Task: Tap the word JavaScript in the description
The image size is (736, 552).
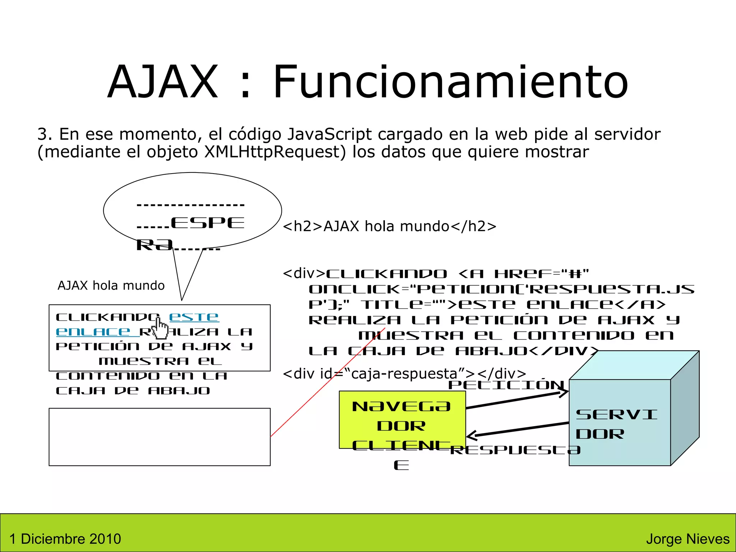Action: point(329,134)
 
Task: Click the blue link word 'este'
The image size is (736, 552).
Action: point(194,317)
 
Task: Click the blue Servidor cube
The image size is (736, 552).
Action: point(620,422)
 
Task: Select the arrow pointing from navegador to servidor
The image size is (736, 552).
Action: point(517,400)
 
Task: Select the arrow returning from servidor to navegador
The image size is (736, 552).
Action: point(517,429)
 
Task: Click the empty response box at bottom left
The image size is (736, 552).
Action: point(160,437)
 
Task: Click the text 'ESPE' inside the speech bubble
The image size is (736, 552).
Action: point(208,223)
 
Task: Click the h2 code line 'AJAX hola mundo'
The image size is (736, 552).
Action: point(390,226)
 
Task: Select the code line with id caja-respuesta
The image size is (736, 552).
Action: point(404,374)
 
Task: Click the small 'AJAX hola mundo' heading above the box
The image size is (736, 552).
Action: point(111,285)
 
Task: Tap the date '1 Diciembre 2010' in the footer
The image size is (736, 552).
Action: point(65,539)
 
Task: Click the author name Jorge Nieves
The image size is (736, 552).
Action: point(687,539)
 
